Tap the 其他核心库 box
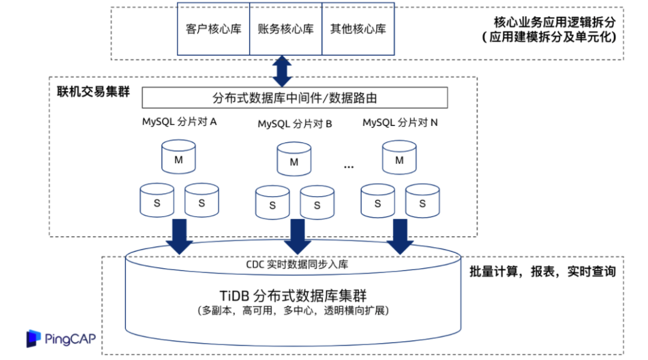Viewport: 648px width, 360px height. [x=358, y=29]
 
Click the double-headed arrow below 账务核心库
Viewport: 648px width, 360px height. [x=281, y=71]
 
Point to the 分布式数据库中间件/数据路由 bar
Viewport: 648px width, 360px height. [x=295, y=98]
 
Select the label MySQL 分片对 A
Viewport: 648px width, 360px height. [x=179, y=122]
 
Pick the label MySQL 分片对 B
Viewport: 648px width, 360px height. [x=295, y=124]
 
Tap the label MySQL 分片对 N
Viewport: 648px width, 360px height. [x=400, y=122]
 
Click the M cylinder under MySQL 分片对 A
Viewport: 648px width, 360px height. [x=178, y=158]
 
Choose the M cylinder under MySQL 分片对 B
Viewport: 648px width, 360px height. [x=294, y=160]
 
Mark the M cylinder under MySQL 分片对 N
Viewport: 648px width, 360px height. [x=399, y=158]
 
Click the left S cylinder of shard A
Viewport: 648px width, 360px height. [x=157, y=201]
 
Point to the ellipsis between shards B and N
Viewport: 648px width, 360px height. [x=349, y=167]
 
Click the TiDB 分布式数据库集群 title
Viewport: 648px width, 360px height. [x=294, y=296]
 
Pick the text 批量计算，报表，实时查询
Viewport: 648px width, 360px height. [x=542, y=272]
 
